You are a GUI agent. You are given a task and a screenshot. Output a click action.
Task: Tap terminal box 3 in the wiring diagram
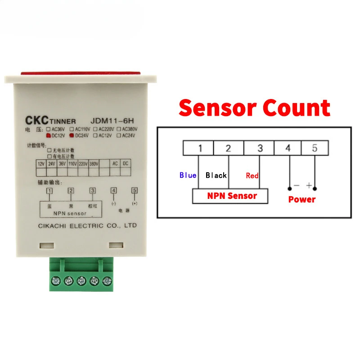259,148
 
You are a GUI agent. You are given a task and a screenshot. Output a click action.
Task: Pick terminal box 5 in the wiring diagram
315,148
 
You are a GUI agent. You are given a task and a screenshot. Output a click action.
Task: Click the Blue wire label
188,175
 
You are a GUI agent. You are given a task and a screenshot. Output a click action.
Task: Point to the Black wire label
216,175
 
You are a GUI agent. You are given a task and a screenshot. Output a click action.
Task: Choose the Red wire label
252,175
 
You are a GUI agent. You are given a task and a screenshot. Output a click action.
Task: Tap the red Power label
301,199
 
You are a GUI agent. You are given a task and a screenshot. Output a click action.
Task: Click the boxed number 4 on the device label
114,191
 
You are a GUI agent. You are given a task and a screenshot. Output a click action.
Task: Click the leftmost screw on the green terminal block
55,281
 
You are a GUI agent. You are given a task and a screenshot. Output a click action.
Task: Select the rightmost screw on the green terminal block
107,281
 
